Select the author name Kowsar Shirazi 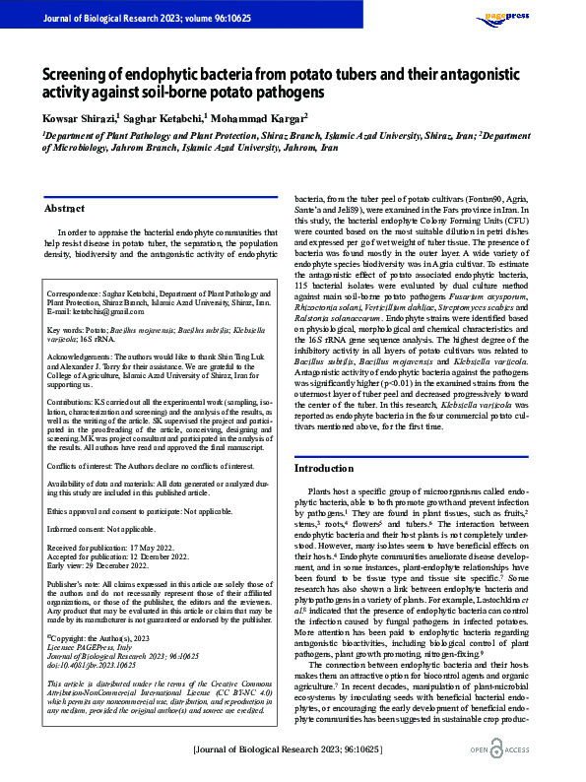click(x=78, y=117)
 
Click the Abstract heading click(x=65, y=208)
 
